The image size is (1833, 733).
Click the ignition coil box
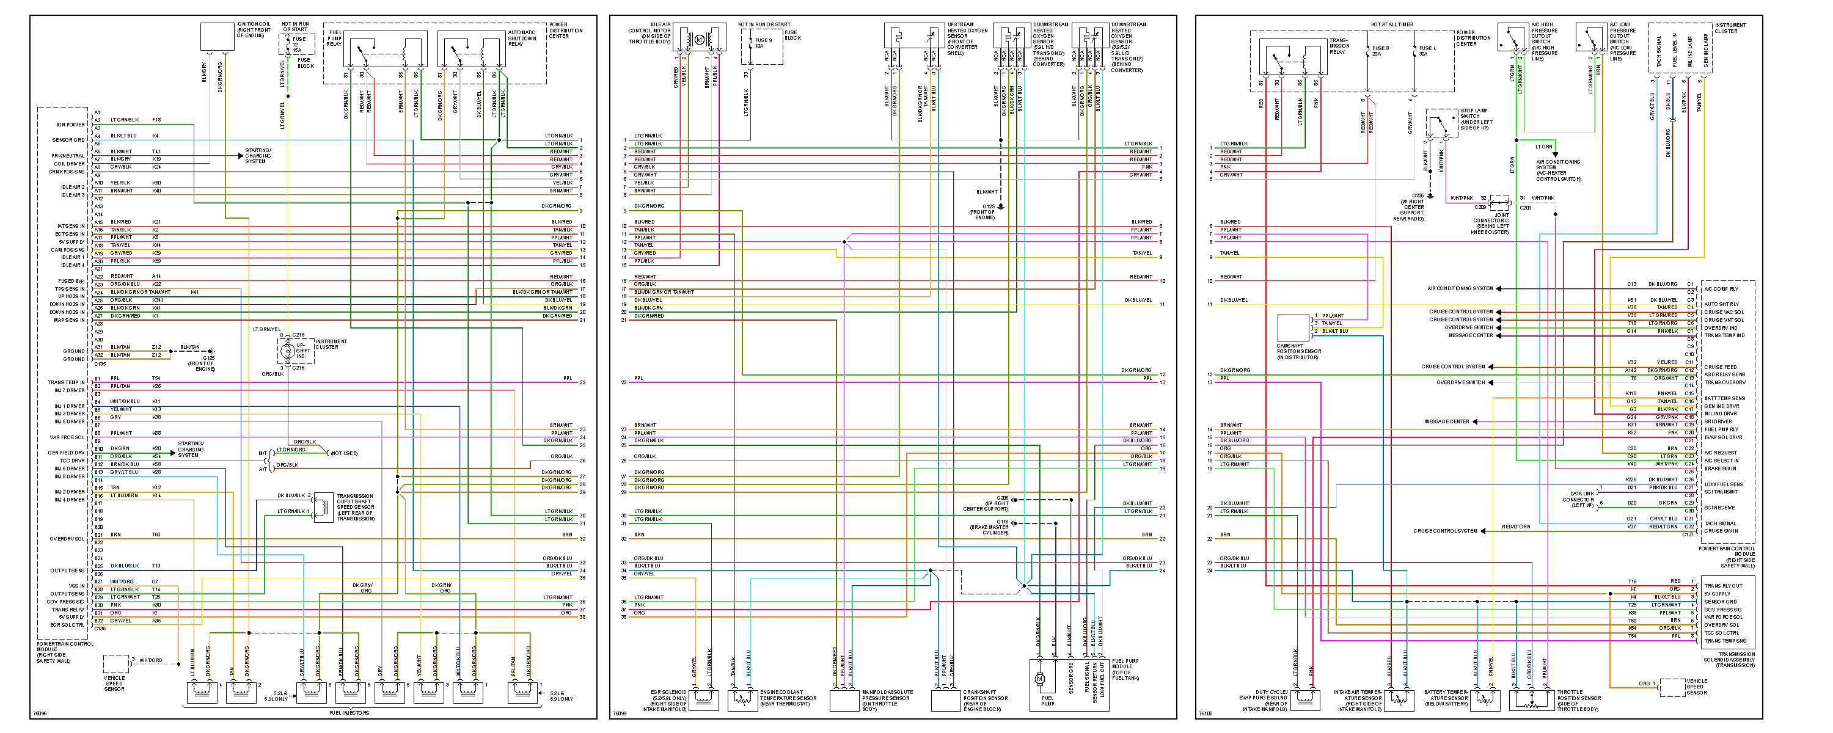217,36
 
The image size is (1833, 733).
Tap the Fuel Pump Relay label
334,38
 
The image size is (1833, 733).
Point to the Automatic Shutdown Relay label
522,38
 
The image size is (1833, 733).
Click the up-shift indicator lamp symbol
287,350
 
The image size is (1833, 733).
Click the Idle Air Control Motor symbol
699,40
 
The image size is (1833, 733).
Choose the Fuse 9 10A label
763,43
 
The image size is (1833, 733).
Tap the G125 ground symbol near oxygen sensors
1000,207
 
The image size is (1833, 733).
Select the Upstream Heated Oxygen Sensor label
967,38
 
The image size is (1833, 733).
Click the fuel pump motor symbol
1039,679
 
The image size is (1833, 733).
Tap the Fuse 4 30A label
1427,51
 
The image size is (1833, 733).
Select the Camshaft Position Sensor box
1293,328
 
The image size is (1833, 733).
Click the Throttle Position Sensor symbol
1531,699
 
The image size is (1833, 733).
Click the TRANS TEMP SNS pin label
1724,641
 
